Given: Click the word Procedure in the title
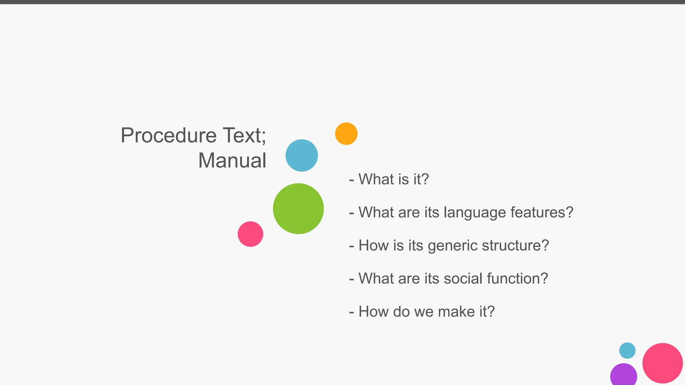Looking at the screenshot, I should [x=169, y=136].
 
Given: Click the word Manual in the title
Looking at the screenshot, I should [x=232, y=160].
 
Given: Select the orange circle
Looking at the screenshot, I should [x=346, y=134].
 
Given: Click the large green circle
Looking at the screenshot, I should [x=298, y=209].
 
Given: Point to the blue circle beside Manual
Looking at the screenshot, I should [x=302, y=155].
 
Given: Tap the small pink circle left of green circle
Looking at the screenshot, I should [x=251, y=234].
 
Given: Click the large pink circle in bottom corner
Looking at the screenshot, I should [x=662, y=363].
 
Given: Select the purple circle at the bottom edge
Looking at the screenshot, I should [x=623, y=376].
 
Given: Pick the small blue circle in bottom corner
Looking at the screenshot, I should [x=627, y=350].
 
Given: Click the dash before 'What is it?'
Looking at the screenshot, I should [x=351, y=180].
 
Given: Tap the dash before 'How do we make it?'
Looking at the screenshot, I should [x=351, y=312].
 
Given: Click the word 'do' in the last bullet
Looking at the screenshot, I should [x=401, y=311].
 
